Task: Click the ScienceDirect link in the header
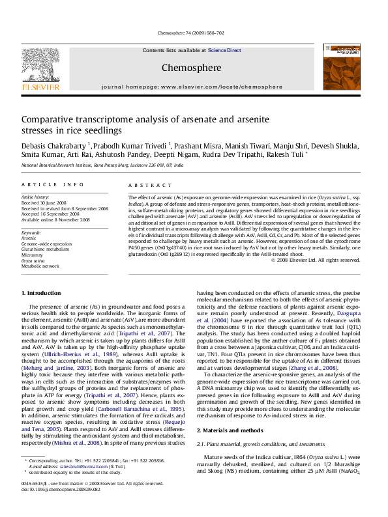point(224,50)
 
